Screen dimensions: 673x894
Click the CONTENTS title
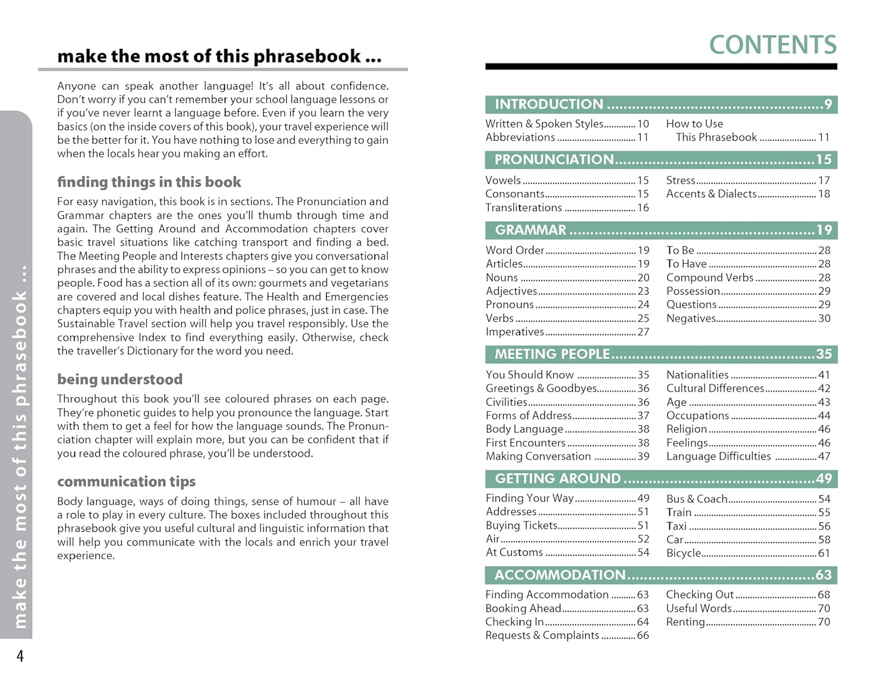point(772,45)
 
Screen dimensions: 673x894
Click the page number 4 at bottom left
point(20,656)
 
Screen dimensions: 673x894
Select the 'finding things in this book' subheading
point(149,182)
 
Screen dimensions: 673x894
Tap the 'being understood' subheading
point(120,379)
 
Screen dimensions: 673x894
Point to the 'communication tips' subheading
point(126,481)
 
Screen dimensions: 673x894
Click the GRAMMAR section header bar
point(661,230)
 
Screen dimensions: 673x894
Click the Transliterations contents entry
point(523,207)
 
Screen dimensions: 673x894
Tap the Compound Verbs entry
point(710,278)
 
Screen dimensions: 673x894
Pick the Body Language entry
point(524,429)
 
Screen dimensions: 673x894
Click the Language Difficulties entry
point(718,457)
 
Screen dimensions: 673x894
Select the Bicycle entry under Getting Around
point(684,553)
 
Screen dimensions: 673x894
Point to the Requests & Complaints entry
point(542,635)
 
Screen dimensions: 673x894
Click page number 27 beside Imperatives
point(643,332)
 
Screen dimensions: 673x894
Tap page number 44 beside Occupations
point(824,415)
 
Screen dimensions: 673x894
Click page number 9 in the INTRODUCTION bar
point(828,104)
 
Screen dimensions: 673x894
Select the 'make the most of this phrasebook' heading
point(219,56)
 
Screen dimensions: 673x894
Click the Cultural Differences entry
point(715,389)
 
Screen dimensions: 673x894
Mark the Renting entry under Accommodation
point(685,622)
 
